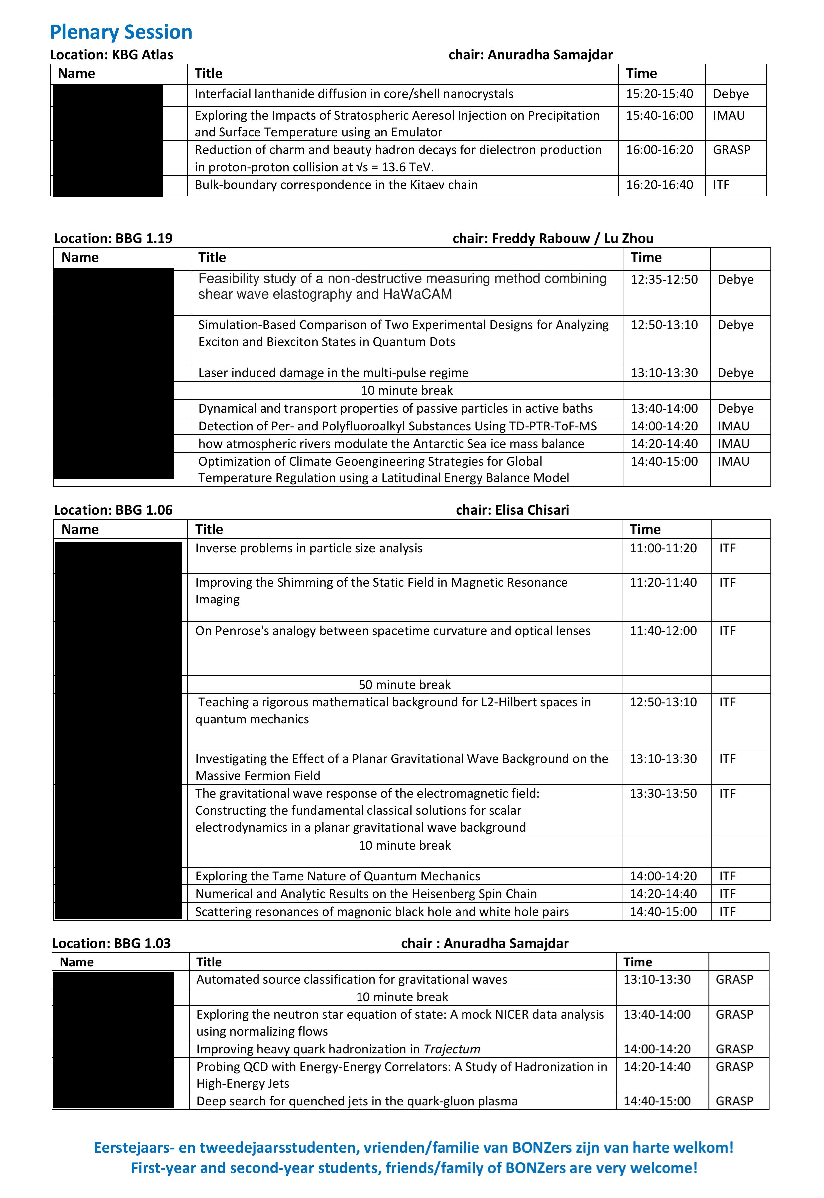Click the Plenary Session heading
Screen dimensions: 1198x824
tap(121, 32)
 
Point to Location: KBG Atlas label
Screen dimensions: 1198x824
tap(112, 55)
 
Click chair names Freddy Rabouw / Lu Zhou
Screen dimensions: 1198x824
tap(553, 239)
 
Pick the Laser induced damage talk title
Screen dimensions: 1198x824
tap(333, 373)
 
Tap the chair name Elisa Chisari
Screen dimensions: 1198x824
tap(532, 510)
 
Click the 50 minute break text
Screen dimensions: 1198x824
tap(404, 685)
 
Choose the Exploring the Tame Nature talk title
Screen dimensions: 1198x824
tap(338, 876)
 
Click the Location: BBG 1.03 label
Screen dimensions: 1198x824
tap(112, 943)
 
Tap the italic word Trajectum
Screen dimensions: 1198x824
tap(452, 1049)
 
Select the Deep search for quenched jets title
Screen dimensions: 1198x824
tap(357, 1101)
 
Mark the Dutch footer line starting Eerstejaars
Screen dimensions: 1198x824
tap(413, 1148)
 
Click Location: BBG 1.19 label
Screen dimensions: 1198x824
tap(113, 239)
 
